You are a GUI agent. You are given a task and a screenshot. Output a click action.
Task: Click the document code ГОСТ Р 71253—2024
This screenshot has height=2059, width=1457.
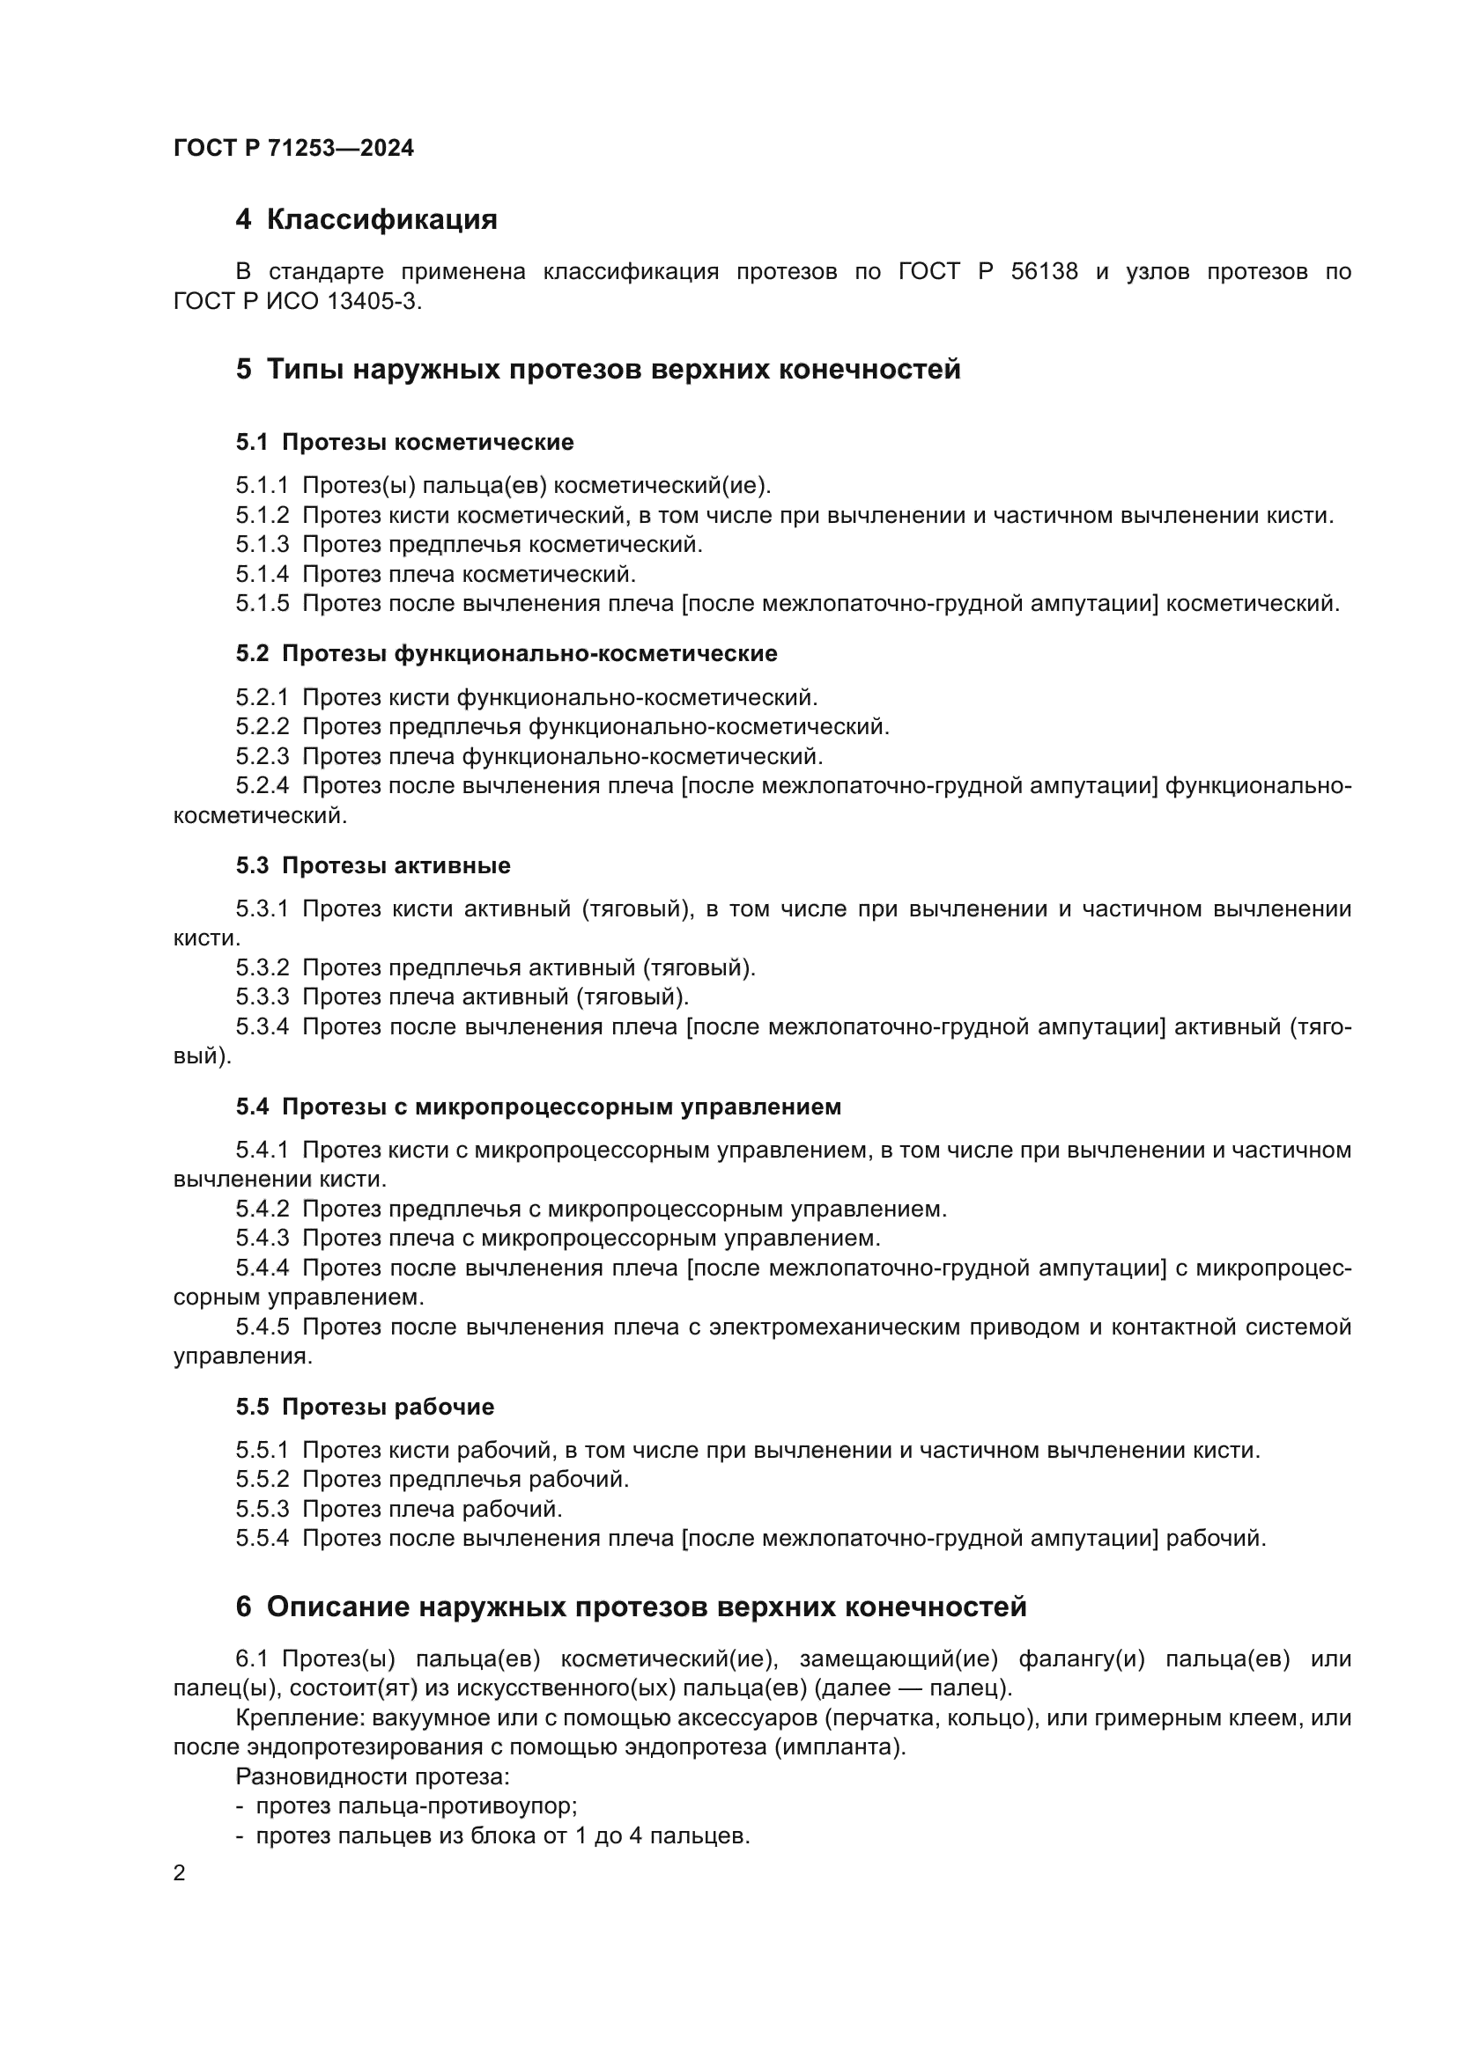293,148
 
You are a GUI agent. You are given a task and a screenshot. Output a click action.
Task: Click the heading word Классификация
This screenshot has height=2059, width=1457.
381,220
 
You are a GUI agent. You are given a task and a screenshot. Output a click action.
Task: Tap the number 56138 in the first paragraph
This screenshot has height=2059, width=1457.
1043,272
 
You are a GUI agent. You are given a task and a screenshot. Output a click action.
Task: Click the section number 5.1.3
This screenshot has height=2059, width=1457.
262,544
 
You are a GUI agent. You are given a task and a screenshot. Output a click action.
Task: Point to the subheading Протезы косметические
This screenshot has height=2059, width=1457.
427,442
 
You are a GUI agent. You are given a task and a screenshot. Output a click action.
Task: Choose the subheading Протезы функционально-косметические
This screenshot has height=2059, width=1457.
529,654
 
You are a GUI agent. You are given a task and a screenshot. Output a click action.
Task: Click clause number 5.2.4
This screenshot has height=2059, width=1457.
262,785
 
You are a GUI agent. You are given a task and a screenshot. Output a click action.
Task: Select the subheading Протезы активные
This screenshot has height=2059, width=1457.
396,865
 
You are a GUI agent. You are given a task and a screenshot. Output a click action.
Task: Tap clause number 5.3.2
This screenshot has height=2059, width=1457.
262,967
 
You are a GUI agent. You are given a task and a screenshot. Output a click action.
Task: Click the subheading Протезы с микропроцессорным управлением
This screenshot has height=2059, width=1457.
562,1107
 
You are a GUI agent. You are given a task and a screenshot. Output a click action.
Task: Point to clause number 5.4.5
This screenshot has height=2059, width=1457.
262,1327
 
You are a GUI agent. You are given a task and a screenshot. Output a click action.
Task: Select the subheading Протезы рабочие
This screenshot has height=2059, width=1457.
388,1406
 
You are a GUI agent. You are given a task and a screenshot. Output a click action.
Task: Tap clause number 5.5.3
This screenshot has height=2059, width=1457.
262,1509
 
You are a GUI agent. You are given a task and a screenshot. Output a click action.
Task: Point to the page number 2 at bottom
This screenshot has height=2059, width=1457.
180,1873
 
